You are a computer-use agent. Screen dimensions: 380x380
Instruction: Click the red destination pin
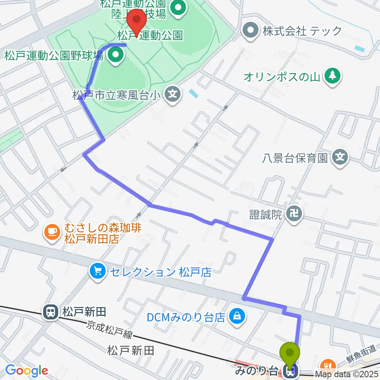tap(137, 19)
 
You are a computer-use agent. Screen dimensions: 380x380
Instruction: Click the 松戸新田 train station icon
tap(51, 312)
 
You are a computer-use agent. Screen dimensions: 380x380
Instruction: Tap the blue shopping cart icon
tap(97, 272)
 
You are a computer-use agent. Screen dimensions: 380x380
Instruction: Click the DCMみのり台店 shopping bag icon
tap(237, 316)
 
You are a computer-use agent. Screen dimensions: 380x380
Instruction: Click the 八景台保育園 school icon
tap(340, 158)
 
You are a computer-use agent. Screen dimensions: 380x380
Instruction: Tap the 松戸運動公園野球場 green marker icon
tap(115, 56)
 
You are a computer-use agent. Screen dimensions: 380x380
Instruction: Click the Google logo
tap(27, 370)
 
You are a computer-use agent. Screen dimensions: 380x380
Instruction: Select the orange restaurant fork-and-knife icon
tap(327, 365)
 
